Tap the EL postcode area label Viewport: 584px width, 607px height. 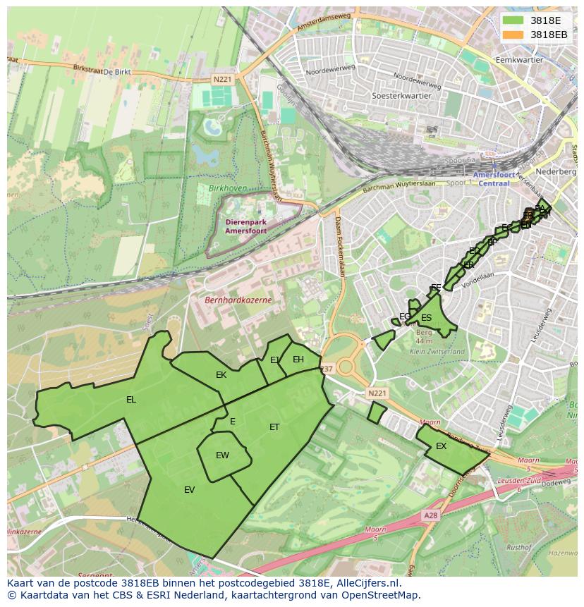131,400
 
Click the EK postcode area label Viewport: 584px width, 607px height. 221,375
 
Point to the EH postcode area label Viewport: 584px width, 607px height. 298,360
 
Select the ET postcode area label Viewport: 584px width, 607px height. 274,427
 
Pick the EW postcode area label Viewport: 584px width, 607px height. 222,455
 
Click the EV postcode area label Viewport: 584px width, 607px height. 189,490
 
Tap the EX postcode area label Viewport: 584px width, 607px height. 441,446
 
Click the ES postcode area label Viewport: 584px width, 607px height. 426,318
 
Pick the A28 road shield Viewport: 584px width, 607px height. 430,516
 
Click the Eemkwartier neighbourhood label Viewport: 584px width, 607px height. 520,60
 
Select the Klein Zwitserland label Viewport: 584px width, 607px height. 437,351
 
